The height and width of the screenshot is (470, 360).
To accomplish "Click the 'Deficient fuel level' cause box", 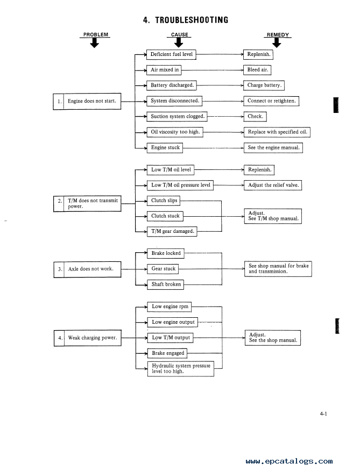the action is pyautogui.click(x=171, y=54).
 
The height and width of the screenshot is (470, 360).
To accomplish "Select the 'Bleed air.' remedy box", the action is pyautogui.click(x=257, y=70).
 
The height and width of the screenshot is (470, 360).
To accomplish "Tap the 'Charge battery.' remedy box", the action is pyautogui.click(x=264, y=85).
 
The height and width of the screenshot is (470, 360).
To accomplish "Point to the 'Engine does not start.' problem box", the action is pyautogui.click(x=87, y=101).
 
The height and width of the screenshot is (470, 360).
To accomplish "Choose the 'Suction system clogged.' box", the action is pyautogui.click(x=177, y=116).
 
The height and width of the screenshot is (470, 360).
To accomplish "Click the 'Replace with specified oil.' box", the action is pyautogui.click(x=277, y=132).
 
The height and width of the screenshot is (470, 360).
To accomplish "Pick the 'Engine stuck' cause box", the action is pyautogui.click(x=165, y=148).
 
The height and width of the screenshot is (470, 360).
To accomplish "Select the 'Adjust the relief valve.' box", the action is pyautogui.click(x=273, y=185).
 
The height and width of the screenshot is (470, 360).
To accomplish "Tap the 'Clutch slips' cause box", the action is pyautogui.click(x=164, y=201).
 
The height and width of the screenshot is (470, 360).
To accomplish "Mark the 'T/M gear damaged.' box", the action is pyautogui.click(x=172, y=231).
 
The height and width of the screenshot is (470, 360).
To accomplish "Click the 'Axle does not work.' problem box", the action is pyautogui.click(x=88, y=269).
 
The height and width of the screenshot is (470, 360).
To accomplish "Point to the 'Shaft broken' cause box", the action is pyautogui.click(x=166, y=284).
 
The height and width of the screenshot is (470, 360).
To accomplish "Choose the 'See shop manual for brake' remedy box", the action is pyautogui.click(x=278, y=268).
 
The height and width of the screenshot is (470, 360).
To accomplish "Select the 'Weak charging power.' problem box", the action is pyautogui.click(x=88, y=338).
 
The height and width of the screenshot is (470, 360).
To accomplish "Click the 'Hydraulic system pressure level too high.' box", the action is pyautogui.click(x=181, y=369).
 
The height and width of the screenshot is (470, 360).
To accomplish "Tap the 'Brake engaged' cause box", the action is pyautogui.click(x=167, y=353).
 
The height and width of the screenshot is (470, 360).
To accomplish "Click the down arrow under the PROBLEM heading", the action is pyautogui.click(x=95, y=44).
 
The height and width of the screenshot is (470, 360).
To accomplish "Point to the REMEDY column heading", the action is pyautogui.click(x=278, y=35).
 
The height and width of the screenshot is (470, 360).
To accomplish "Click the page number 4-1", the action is pyautogui.click(x=323, y=414).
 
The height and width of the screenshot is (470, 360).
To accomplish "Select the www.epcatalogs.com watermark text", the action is pyautogui.click(x=289, y=461).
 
